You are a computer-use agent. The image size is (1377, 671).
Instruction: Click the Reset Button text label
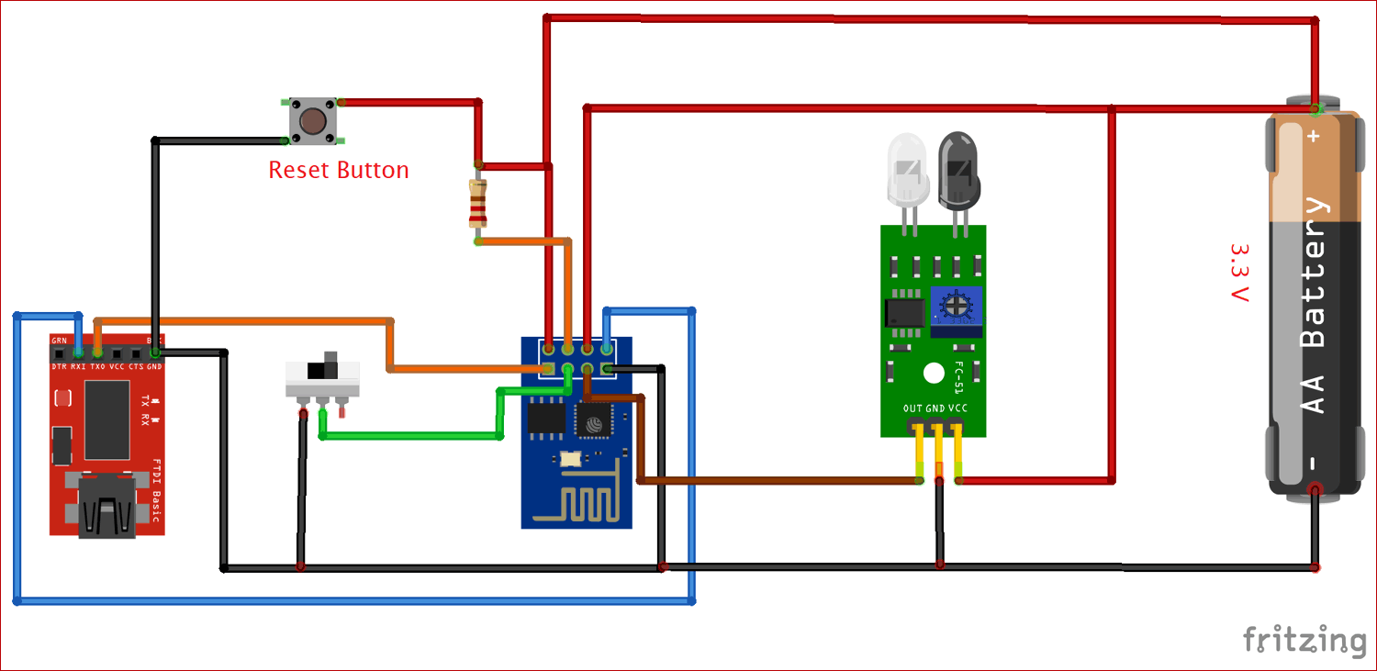pos(338,170)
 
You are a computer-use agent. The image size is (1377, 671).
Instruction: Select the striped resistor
pos(477,203)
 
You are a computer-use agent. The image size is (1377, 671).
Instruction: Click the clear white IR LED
pos(907,169)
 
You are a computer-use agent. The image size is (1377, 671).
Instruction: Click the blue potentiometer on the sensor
pos(957,307)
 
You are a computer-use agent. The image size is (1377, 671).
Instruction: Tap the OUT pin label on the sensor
pos(912,408)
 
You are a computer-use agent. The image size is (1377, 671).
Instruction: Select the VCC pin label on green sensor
pos(957,408)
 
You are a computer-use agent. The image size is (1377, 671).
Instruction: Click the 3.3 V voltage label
pos(1239,273)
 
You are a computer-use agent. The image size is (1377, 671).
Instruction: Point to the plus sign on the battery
pos(1314,136)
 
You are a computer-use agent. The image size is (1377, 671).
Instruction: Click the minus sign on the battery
pos(1314,463)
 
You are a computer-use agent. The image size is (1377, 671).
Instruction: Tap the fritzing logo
pos(1304,639)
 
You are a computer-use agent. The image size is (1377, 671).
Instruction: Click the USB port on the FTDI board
pos(107,506)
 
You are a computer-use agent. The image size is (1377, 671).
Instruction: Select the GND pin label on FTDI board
pos(154,366)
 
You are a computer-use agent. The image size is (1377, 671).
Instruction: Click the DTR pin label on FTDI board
pos(59,366)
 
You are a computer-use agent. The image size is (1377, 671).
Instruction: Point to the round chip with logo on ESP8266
pos(594,421)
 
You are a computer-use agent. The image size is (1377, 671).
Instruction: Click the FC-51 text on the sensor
pos(957,376)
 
